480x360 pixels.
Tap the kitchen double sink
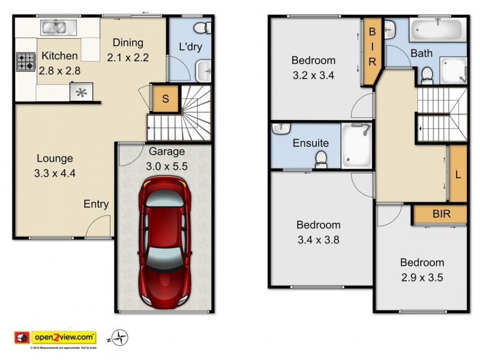point(58,27)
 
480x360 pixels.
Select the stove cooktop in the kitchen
point(25,62)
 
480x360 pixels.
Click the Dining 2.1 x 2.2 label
point(127,50)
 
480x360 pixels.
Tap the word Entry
point(96,204)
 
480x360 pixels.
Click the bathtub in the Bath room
point(437,29)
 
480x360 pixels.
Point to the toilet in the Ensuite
point(322,158)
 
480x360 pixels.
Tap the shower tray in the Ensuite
point(357,146)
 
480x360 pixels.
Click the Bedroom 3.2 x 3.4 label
point(313,67)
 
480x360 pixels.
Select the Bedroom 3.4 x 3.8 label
point(318,233)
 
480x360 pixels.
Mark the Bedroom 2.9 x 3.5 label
point(422,270)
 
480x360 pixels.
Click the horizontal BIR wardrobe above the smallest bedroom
point(440,214)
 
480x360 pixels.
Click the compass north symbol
point(121,337)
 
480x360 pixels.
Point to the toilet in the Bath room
point(427,74)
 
